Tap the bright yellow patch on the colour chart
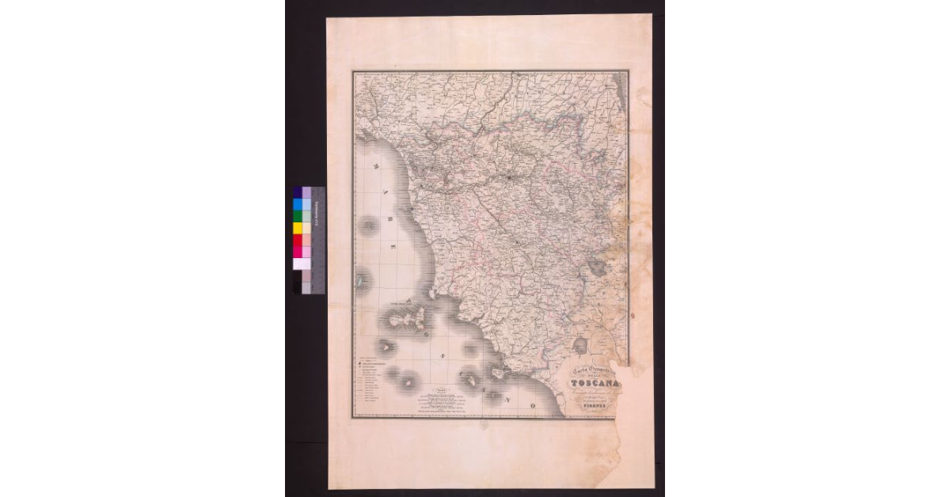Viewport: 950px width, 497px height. pos(298,228)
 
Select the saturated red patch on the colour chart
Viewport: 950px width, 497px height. pos(298,240)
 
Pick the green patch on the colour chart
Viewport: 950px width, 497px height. pos(298,216)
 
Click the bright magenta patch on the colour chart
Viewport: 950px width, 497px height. pos(298,252)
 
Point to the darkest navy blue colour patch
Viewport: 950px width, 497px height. pos(298,192)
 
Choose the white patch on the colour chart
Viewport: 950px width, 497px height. pos(298,264)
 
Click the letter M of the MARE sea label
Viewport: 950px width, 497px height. pos(378,167)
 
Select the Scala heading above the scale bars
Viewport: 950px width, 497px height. pos(445,391)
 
